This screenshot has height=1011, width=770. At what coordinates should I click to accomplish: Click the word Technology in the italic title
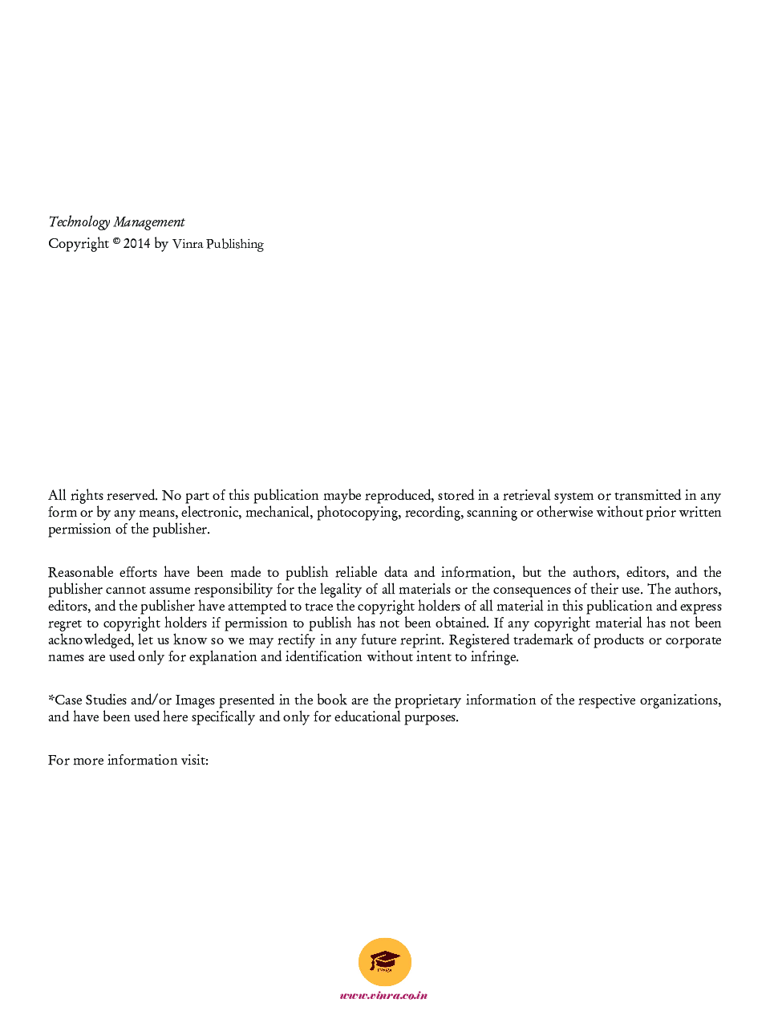pyautogui.click(x=79, y=222)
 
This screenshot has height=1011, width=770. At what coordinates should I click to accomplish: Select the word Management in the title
pyautogui.click(x=149, y=222)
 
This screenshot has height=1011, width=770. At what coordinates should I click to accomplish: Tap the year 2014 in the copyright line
pyautogui.click(x=136, y=244)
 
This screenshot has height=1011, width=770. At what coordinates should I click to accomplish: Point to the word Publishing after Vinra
pyautogui.click(x=235, y=244)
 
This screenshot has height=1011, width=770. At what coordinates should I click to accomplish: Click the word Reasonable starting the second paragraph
pyautogui.click(x=80, y=573)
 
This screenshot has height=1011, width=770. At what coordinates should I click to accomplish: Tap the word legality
pyautogui.click(x=341, y=590)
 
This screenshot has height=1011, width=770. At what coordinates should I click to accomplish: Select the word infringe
pyautogui.click(x=494, y=657)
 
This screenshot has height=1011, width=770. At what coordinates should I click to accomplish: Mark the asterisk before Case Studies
pyautogui.click(x=51, y=699)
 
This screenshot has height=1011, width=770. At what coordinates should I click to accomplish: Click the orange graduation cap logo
pyautogui.click(x=385, y=961)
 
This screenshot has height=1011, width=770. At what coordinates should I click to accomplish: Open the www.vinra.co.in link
pyautogui.click(x=384, y=996)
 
